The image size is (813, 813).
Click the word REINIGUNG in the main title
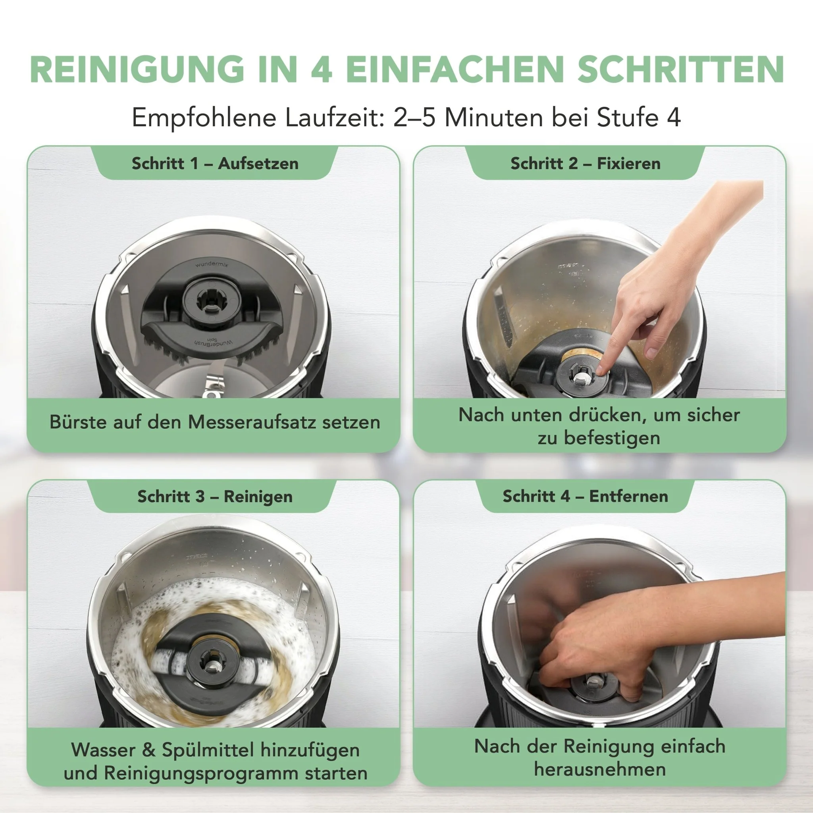[x=137, y=69]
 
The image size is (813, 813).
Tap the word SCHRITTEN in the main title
[x=681, y=69]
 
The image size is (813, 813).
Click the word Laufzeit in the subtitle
[x=335, y=118]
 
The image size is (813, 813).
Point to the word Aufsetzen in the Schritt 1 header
[x=258, y=163]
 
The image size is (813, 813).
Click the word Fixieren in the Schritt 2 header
[x=629, y=163]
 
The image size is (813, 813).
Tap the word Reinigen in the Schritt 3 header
[x=258, y=497]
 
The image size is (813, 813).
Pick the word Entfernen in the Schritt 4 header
[x=628, y=496]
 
